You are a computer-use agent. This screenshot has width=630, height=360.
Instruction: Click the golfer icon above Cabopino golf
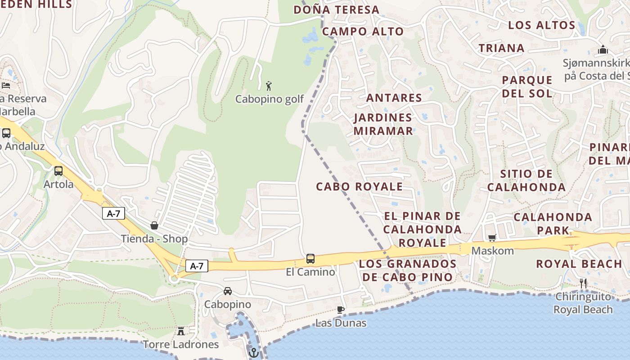[x=269, y=85]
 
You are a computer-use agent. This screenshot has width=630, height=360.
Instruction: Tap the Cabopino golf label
[x=270, y=99]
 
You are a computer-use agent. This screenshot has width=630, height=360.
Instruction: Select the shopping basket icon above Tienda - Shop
[x=154, y=225]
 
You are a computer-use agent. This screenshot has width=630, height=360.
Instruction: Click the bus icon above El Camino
[x=310, y=259]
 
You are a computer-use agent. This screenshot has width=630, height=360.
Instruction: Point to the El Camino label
[x=310, y=272]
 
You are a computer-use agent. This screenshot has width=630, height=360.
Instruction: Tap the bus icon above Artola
[x=58, y=171]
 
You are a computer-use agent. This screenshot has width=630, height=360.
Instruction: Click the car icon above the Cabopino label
[x=228, y=291]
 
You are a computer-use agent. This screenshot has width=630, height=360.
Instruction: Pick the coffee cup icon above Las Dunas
[x=341, y=310]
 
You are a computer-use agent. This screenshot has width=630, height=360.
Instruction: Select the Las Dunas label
[x=341, y=323]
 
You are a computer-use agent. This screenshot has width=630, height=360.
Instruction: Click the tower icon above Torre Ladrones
[x=181, y=331]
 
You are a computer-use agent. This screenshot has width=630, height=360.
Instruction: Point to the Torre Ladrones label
[x=181, y=345]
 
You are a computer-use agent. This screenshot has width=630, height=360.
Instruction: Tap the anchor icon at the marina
[x=253, y=352]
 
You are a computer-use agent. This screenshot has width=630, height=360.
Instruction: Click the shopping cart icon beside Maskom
[x=492, y=237]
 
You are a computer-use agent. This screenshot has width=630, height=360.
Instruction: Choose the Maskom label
[x=492, y=251]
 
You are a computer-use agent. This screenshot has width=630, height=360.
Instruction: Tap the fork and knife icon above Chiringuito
[x=583, y=283]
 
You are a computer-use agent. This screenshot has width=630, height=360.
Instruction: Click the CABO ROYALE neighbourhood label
[x=359, y=186]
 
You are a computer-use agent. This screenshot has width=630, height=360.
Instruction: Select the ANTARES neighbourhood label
[x=394, y=98]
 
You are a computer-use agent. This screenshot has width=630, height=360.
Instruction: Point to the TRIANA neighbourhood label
[x=501, y=48]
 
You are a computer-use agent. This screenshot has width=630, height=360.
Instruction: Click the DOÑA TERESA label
[x=336, y=9]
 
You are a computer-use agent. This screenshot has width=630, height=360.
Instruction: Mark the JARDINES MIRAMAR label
[x=383, y=124]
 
